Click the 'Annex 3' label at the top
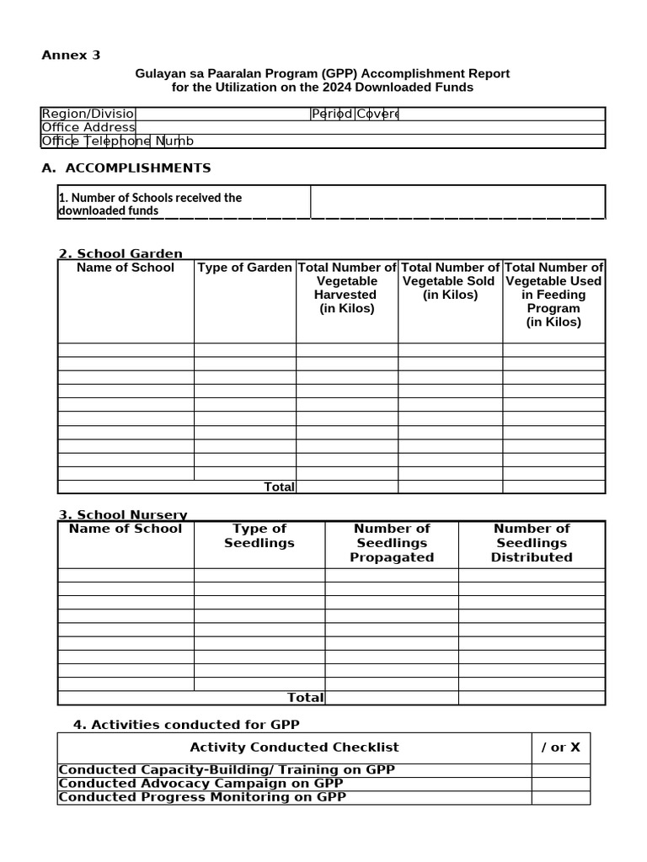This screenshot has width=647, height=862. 71,56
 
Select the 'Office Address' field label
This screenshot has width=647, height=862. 88,128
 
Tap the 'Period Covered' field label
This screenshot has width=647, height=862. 355,114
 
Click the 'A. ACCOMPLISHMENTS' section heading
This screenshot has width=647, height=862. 126,168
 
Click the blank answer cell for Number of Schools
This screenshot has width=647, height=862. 457,203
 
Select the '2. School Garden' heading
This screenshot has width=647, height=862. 120,253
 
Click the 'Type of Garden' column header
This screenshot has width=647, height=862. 245,268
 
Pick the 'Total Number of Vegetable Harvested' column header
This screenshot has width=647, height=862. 346,288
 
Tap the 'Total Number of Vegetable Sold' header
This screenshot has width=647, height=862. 450,281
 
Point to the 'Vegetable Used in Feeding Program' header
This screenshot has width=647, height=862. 553,295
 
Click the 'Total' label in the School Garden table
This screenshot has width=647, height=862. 279,487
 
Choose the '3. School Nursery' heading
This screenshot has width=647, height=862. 123,515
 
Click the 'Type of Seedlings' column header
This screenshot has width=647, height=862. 259,536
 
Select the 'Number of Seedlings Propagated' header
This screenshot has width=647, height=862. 392,543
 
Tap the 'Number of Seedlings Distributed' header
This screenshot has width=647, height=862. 532,543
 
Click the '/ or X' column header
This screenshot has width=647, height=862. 560,748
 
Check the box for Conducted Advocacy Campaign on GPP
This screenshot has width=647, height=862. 560,784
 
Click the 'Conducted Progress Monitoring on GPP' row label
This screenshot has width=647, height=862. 202,797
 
